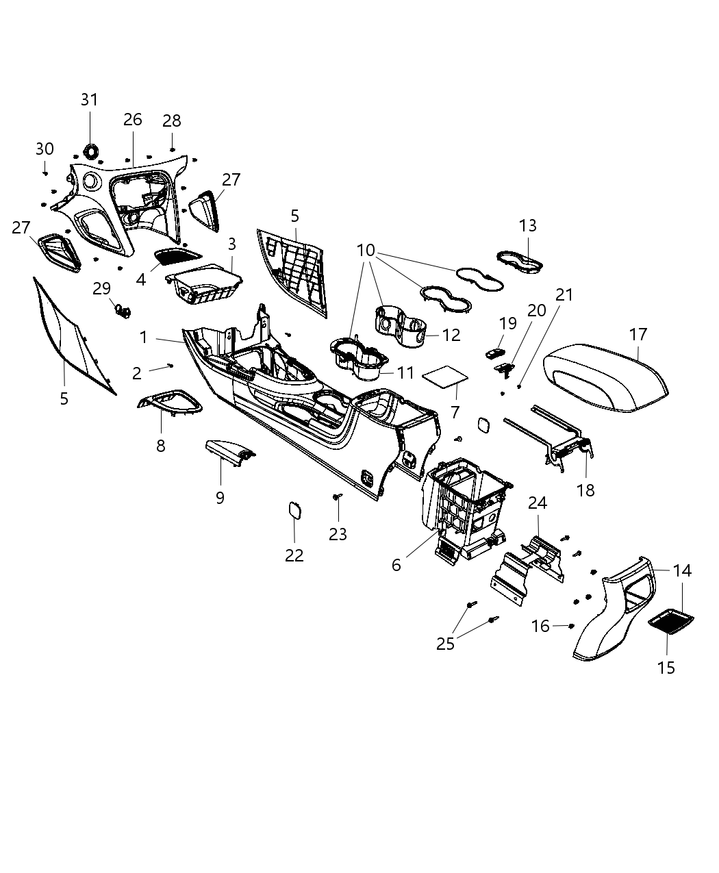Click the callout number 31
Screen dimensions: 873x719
(90, 100)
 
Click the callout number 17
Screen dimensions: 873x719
(638, 335)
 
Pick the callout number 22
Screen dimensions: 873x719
(294, 555)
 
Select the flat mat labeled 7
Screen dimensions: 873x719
(446, 377)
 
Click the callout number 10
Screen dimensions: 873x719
(366, 251)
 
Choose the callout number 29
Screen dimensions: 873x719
(102, 289)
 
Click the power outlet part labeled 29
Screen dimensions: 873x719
(123, 312)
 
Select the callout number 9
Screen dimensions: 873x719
(220, 498)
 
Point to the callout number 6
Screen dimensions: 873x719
(396, 565)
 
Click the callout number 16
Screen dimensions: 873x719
(540, 626)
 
